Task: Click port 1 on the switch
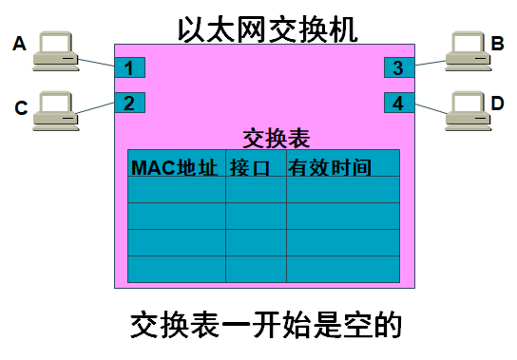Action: pyautogui.click(x=130, y=67)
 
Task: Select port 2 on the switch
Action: pyautogui.click(x=130, y=102)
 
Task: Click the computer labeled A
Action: pyautogui.click(x=55, y=51)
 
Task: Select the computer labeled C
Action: pyautogui.click(x=55, y=108)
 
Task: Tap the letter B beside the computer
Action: pyautogui.click(x=498, y=43)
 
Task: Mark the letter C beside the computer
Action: pyautogui.click(x=20, y=108)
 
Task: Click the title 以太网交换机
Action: pyautogui.click(x=268, y=28)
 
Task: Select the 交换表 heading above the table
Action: pyautogui.click(x=277, y=138)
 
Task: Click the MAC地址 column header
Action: pyautogui.click(x=176, y=168)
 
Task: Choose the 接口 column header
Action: pyautogui.click(x=251, y=168)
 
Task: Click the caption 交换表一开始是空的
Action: pyautogui.click(x=267, y=326)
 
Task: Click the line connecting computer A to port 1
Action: pyautogui.click(x=98, y=63)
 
